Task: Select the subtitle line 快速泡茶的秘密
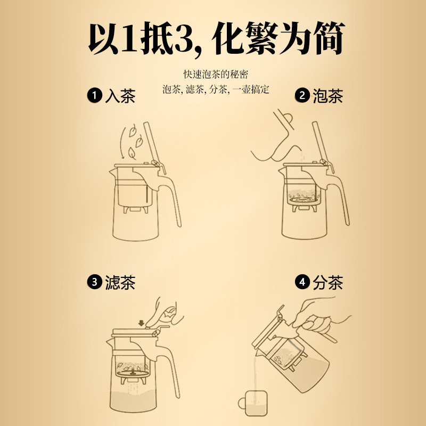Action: tap(213, 74)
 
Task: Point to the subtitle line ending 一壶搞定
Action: tap(216, 89)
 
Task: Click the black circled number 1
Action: tap(95, 96)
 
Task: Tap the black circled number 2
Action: tap(302, 96)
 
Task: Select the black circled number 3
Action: tap(95, 282)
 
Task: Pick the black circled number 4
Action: tap(302, 282)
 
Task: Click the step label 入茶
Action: tap(120, 96)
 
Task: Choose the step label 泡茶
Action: tap(327, 96)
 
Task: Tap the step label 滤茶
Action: tap(120, 282)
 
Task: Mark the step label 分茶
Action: tap(327, 282)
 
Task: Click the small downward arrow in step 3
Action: tap(141, 323)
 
